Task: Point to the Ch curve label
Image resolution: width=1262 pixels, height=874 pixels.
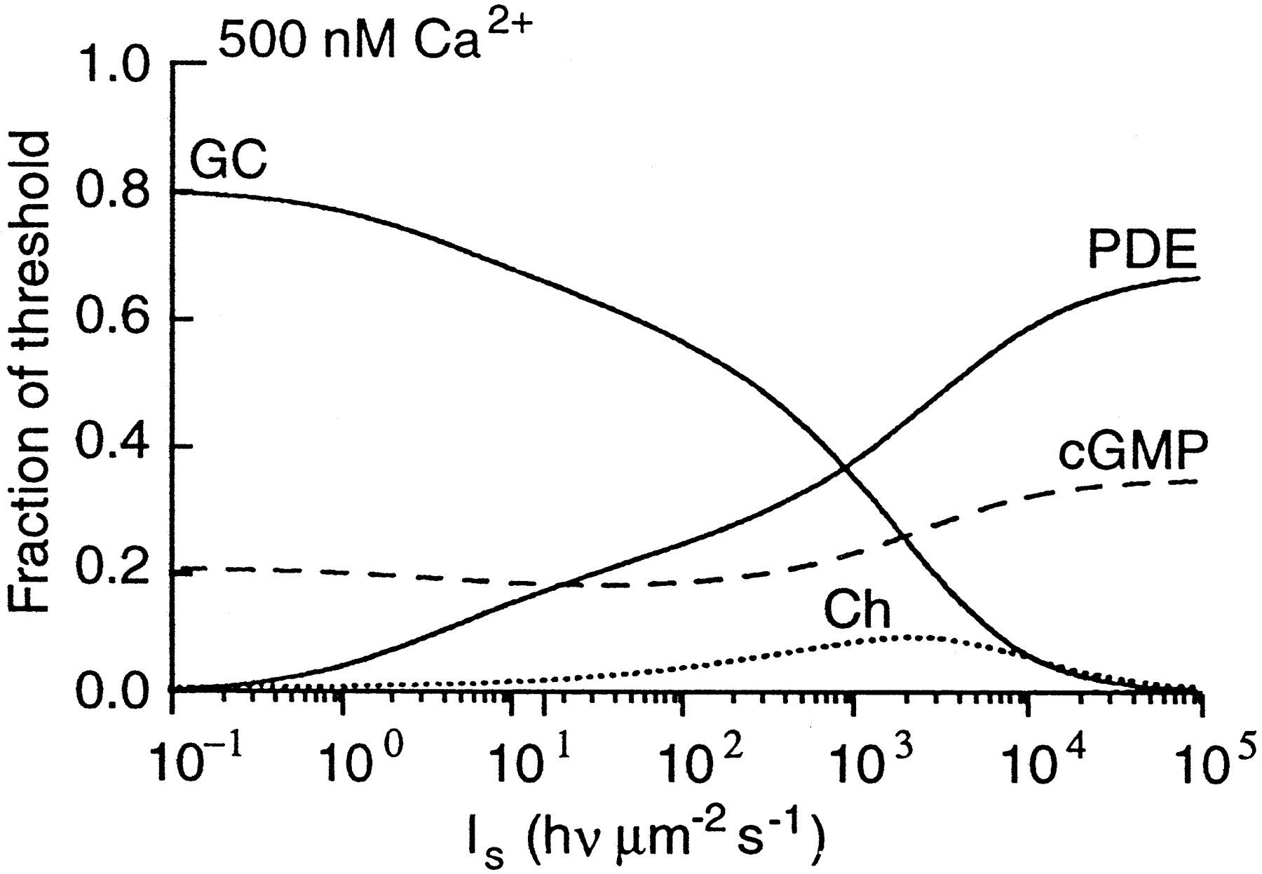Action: point(856,609)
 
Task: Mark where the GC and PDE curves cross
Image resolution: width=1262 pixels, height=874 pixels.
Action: point(844,468)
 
